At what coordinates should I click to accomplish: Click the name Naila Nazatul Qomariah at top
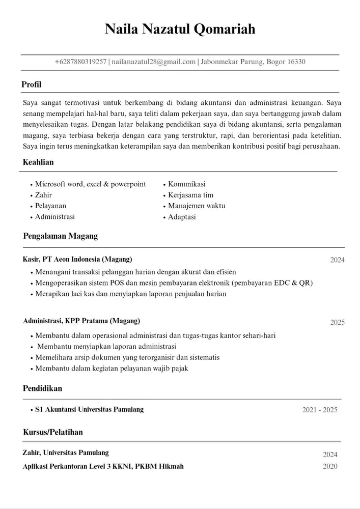point(180,29)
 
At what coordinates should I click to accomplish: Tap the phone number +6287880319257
point(80,62)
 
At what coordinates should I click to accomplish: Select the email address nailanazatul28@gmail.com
point(154,62)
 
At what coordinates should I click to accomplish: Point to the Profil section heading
point(31,84)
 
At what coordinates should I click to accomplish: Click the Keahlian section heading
point(38,162)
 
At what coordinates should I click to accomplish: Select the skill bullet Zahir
point(43,195)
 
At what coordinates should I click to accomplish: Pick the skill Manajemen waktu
point(197,206)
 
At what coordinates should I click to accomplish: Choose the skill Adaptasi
point(182,217)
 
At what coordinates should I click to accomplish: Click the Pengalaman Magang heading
point(60,236)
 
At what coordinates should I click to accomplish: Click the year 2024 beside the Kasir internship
point(337,260)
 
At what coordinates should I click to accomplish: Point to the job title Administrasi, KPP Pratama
point(81,321)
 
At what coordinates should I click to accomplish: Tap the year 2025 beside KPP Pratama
point(337,322)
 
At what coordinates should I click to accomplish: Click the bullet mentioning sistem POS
point(173,283)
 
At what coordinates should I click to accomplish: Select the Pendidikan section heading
point(42,388)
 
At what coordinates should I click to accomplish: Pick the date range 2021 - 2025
point(319,410)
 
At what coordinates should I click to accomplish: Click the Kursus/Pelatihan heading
point(52,432)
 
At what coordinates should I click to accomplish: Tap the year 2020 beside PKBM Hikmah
point(330,466)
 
